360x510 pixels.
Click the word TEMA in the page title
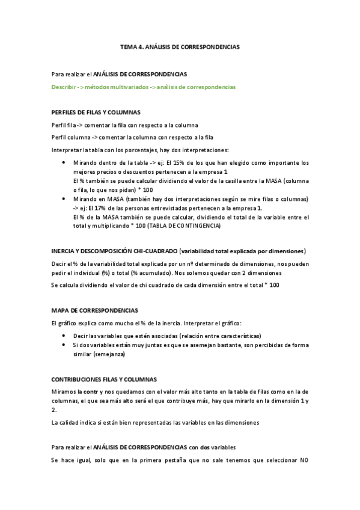[x=128, y=46]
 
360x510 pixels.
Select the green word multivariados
[x=124, y=87]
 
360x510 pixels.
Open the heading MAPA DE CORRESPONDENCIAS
[x=95, y=310]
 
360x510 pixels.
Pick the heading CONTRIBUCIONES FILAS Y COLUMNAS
[x=105, y=379]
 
